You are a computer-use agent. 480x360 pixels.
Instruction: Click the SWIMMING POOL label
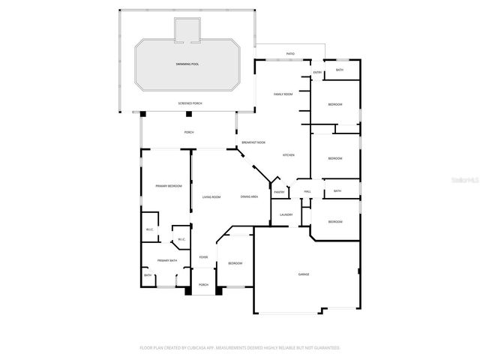click(x=187, y=64)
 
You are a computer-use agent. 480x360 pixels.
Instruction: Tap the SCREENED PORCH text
click(x=190, y=103)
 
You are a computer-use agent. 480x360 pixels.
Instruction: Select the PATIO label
click(x=290, y=54)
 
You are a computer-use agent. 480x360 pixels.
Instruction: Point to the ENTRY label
click(x=317, y=73)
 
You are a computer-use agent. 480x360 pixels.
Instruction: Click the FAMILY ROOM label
click(x=283, y=94)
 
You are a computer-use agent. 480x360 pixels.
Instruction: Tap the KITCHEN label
click(x=288, y=155)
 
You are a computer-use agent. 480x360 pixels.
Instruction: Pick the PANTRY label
click(x=279, y=192)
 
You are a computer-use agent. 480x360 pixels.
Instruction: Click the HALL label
click(x=307, y=192)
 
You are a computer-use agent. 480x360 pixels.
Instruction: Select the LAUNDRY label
click(x=286, y=215)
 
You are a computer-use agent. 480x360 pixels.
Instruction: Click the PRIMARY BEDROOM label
click(x=168, y=185)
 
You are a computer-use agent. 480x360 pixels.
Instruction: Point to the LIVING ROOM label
click(x=211, y=197)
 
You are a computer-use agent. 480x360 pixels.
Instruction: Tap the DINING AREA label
click(x=250, y=196)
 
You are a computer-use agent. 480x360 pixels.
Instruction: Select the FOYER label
click(x=203, y=257)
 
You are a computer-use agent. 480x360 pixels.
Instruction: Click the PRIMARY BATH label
click(x=167, y=260)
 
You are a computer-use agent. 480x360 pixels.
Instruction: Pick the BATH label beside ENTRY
click(x=340, y=70)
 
